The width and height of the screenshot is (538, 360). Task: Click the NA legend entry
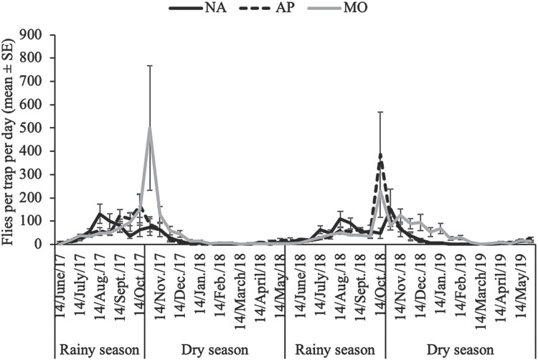198,8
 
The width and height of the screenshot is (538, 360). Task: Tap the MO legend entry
338,8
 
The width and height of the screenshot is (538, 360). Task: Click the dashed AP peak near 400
379,155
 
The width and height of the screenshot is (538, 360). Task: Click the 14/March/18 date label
240,286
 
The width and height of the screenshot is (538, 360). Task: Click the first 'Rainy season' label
100,351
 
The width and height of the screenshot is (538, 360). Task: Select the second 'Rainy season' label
335,351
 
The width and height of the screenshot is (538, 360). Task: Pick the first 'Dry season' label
214,351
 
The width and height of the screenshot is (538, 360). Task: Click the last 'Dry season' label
460,351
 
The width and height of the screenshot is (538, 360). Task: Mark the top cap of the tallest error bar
150,65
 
